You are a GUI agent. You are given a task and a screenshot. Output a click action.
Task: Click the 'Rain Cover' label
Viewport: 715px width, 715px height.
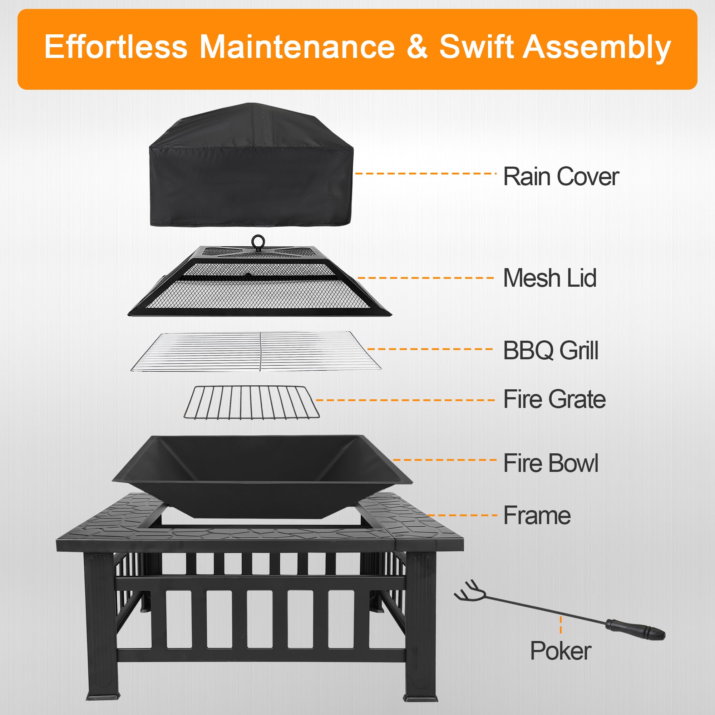[561, 177]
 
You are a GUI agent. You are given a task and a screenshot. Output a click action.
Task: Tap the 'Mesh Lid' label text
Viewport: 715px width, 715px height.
[549, 278]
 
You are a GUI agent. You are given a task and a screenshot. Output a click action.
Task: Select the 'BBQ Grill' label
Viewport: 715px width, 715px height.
[550, 350]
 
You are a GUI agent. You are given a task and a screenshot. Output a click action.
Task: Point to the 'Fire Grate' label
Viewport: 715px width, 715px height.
[554, 399]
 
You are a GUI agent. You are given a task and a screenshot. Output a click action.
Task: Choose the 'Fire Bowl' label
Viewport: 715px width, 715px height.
[551, 463]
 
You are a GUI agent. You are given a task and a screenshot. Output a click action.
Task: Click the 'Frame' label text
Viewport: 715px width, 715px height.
[537, 515]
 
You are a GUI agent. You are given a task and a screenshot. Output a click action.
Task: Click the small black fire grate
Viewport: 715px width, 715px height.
[252, 402]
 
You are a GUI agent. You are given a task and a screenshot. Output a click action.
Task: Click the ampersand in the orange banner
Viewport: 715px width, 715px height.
[417, 47]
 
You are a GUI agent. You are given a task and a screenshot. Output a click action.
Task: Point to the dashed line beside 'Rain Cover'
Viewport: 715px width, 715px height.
[425, 173]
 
